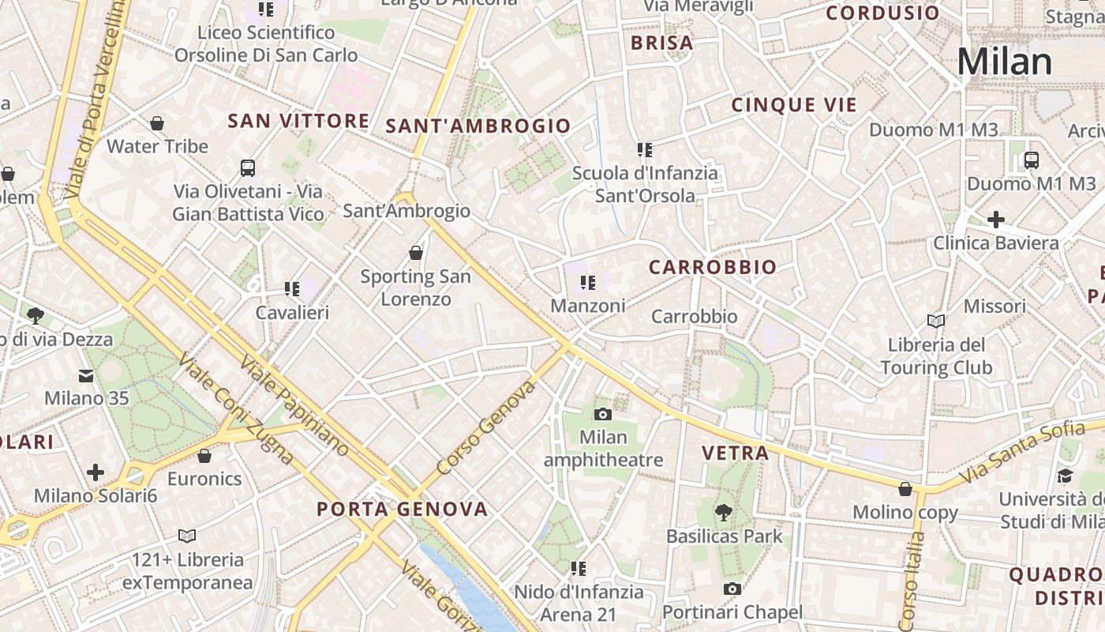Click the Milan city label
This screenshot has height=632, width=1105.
coord(1005,62)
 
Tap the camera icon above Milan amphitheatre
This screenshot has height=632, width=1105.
coord(602,414)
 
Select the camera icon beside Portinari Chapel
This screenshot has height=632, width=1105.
coord(732,589)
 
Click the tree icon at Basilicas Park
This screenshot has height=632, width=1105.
coord(722,513)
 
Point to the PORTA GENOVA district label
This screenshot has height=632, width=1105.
coord(403,510)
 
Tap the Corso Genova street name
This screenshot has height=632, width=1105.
coord(485,427)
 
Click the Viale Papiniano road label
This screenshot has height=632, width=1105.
coord(294,405)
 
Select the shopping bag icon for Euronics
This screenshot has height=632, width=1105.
coord(204,456)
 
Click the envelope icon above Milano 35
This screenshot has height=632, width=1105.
coord(85,375)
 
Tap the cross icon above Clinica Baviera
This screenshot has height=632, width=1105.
coord(995,219)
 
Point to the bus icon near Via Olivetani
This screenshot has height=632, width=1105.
coord(248,167)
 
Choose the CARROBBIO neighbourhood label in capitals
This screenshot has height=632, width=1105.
coord(713,268)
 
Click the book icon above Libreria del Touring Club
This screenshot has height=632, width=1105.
coord(936,321)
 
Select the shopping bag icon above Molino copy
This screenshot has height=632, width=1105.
coord(905,489)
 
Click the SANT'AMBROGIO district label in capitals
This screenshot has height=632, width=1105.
coord(478,126)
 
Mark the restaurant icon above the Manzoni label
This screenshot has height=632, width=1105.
coord(587,282)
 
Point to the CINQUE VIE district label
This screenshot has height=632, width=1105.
coord(794,105)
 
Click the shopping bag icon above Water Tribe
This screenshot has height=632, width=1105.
coord(157,123)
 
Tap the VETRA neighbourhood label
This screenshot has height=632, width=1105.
coord(735,453)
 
